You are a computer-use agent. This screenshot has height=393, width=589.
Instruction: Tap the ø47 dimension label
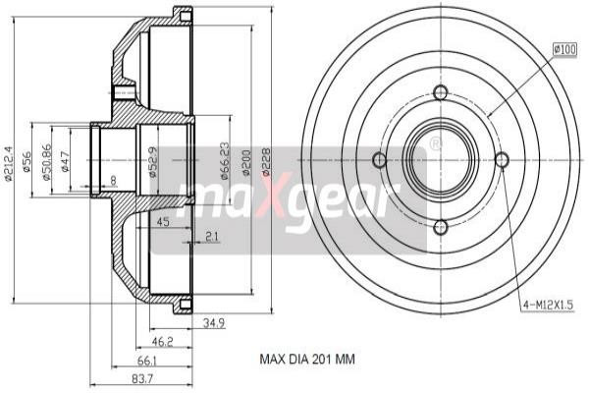click(65, 163)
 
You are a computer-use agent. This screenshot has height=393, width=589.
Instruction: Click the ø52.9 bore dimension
click(152, 161)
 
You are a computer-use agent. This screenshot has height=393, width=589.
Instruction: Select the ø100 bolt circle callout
click(565, 48)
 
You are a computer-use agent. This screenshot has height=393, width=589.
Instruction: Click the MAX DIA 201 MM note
click(306, 360)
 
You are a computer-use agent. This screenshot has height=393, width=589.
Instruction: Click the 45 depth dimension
click(163, 222)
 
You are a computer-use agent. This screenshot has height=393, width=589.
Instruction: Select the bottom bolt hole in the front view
click(440, 225)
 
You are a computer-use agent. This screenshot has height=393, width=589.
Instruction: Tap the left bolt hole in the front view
click(379, 161)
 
